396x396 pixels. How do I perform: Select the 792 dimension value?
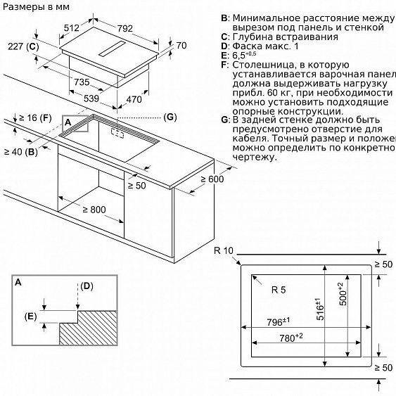click(125, 28)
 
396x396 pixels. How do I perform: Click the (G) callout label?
click(169, 115)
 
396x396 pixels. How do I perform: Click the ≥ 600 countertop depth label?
click(210, 181)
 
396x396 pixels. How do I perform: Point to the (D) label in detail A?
click(87, 286)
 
